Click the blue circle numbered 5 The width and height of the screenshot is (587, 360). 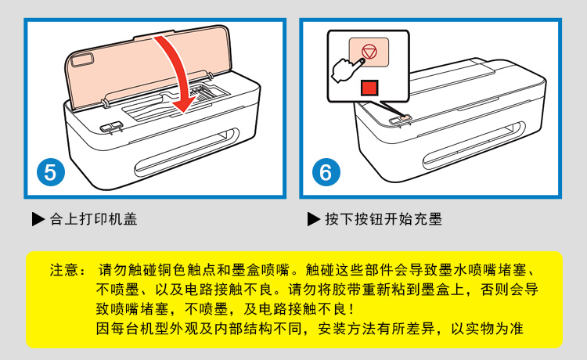click(x=51, y=172)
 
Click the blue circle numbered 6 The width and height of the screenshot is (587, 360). click(x=326, y=172)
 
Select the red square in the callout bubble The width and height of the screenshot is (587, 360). click(x=369, y=88)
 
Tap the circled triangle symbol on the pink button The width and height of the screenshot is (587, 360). click(x=369, y=52)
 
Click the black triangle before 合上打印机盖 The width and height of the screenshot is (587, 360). click(x=38, y=219)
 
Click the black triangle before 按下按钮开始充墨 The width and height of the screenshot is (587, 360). click(x=314, y=219)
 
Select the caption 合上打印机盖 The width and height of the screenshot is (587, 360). click(x=94, y=219)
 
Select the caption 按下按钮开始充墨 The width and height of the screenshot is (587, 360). click(x=384, y=219)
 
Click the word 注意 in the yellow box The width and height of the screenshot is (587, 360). click(x=64, y=270)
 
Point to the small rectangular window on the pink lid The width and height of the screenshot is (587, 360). click(x=82, y=60)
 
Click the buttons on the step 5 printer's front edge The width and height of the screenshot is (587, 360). click(x=111, y=127)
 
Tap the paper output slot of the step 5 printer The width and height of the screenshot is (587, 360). click(x=187, y=152)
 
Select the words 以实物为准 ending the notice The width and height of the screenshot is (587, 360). click(x=487, y=329)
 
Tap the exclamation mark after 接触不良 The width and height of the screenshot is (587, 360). click(x=351, y=309)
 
